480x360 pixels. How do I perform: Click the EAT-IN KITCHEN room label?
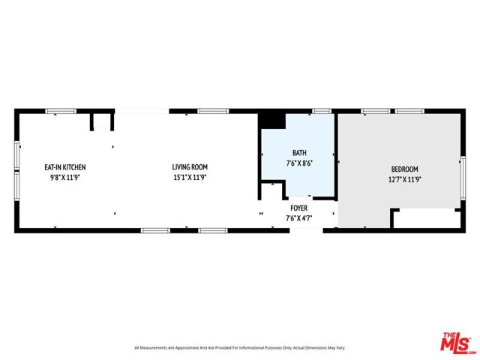coord(65,167)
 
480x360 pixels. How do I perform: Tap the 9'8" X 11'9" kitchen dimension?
coord(65,178)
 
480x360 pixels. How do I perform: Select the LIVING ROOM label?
coord(190,166)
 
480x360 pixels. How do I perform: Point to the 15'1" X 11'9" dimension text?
coord(190,177)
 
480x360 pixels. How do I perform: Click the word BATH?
coord(299,153)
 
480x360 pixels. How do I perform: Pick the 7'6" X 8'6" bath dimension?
coord(299,163)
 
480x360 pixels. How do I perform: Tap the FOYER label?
coord(299,208)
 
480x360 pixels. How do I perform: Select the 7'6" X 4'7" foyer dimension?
coord(299,218)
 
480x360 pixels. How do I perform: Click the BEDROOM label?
coord(405,169)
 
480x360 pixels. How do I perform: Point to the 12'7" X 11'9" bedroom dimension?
coord(405,179)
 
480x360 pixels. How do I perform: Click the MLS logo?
coord(456,343)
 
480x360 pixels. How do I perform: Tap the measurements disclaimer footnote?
coord(240,348)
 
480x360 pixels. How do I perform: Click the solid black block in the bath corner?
coord(272,121)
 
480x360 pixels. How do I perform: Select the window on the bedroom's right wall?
coord(463,178)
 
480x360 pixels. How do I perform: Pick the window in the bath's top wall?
coord(322,111)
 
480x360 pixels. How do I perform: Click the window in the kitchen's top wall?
coord(61,111)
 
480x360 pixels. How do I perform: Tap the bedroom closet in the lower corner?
coord(426,218)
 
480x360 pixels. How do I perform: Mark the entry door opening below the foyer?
coord(306,230)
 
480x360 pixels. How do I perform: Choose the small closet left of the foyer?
coord(271,190)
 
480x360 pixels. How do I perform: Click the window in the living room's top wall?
coord(213,111)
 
